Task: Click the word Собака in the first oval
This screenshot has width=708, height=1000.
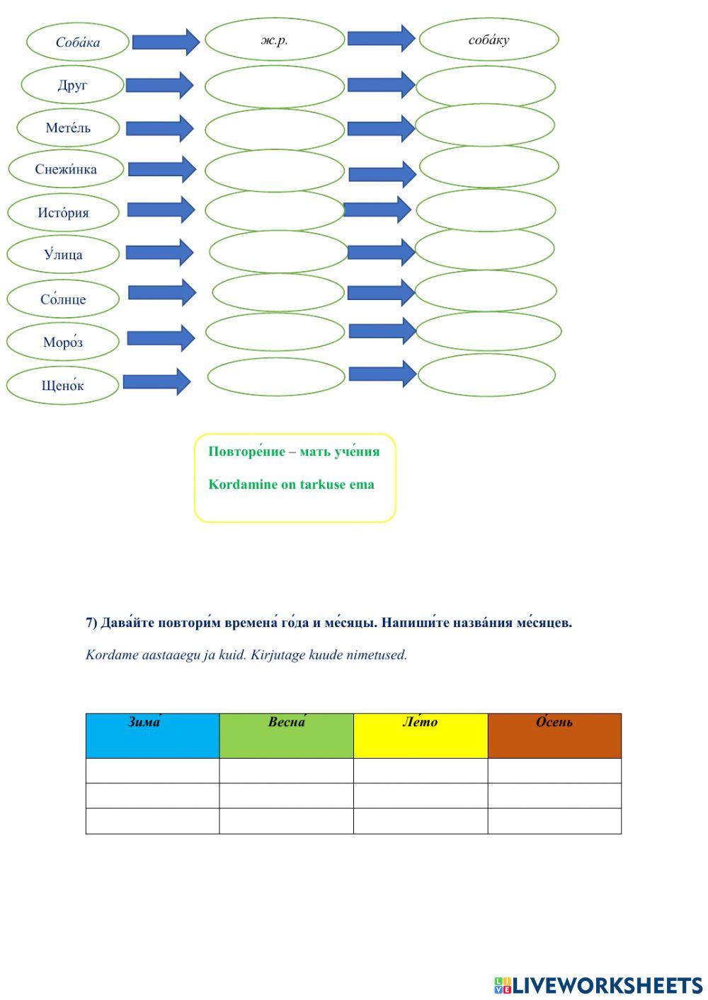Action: [78, 42]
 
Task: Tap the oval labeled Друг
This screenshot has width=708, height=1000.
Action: [72, 86]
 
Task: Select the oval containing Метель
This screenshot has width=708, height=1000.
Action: [68, 128]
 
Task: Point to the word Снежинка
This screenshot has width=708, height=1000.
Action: [66, 169]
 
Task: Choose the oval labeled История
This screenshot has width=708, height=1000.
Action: [63, 212]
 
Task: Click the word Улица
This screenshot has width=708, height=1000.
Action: [63, 255]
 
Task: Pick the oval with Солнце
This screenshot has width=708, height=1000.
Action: [63, 299]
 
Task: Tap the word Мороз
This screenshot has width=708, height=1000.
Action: [63, 343]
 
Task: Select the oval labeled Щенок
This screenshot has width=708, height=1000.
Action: [62, 386]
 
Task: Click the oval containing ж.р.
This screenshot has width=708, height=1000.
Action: [275, 40]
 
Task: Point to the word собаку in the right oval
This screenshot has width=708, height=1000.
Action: [489, 40]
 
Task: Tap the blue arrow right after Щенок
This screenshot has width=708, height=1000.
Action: [157, 382]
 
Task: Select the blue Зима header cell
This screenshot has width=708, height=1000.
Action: [152, 735]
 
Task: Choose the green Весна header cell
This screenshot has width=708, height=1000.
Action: [286, 735]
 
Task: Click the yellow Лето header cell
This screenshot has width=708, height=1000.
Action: [421, 735]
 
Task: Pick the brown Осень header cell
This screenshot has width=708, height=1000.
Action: [554, 735]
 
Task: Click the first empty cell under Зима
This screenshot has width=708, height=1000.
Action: [152, 771]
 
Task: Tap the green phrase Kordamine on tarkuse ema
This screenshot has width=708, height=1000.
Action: [291, 485]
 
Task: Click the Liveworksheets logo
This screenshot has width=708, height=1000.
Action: [599, 985]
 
